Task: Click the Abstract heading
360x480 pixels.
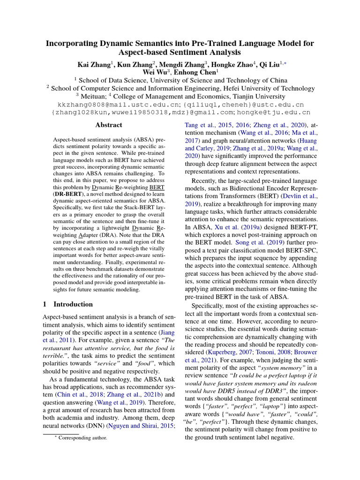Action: click(x=109, y=125)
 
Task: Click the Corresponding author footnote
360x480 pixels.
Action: click(x=82, y=438)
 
